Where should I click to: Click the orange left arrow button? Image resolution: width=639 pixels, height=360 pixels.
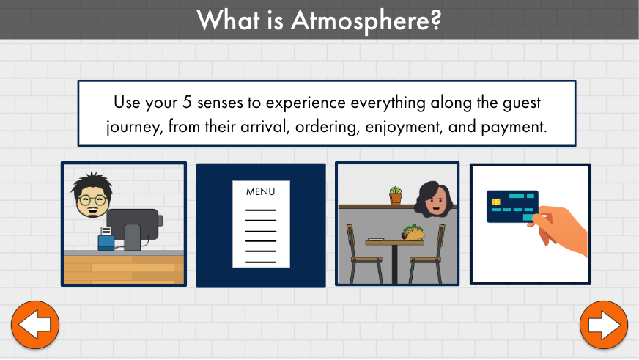click(x=35, y=325)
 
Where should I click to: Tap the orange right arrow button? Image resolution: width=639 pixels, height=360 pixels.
click(x=604, y=325)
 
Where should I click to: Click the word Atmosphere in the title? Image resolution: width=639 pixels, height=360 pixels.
click(x=366, y=21)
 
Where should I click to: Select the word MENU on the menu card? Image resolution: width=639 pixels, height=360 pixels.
click(x=260, y=191)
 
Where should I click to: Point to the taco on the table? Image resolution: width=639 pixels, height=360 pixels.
click(x=413, y=232)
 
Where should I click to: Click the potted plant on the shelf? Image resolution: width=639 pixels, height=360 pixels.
click(x=395, y=195)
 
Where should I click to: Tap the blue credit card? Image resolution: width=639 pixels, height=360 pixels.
click(x=513, y=206)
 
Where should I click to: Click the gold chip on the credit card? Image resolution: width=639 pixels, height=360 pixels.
click(x=496, y=202)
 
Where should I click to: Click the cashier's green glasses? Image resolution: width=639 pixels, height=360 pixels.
click(x=93, y=200)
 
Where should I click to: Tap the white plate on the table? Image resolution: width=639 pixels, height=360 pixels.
click(x=375, y=240)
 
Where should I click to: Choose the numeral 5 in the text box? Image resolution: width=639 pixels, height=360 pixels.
click(x=187, y=102)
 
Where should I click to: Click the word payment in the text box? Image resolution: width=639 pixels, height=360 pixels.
click(x=514, y=127)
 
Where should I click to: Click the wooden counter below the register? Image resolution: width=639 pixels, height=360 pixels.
click(x=124, y=268)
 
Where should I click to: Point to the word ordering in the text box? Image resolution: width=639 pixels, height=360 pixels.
click(x=328, y=127)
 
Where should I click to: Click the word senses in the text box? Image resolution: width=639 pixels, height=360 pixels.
click(x=220, y=103)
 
